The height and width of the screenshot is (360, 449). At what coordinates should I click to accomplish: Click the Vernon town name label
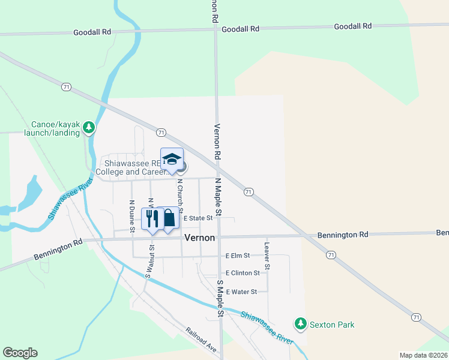199,238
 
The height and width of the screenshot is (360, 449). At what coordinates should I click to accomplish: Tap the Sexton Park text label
332,325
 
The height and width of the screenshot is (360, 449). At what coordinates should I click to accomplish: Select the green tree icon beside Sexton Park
301,325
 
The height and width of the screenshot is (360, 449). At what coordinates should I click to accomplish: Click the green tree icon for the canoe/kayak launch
89,127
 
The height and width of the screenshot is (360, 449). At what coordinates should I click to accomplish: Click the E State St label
198,218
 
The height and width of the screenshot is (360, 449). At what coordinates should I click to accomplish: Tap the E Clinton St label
243,272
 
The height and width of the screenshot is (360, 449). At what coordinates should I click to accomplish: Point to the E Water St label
241,292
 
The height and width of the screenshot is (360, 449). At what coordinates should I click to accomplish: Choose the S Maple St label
220,298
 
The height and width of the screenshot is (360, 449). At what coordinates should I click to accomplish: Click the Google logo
20,353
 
